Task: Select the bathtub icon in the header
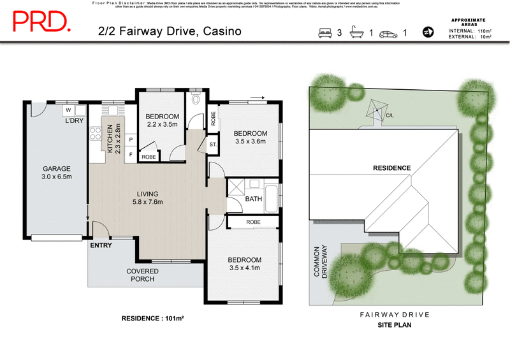(358, 32)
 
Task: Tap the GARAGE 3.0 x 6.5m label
(56, 173)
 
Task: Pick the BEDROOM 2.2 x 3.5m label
(162, 121)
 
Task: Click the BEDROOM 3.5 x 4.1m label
(245, 264)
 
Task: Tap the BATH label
(254, 199)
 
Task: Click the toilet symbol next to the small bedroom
(196, 99)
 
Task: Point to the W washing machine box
(68, 109)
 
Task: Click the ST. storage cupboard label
(213, 145)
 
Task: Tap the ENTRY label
(101, 245)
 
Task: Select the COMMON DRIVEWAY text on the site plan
(320, 262)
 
